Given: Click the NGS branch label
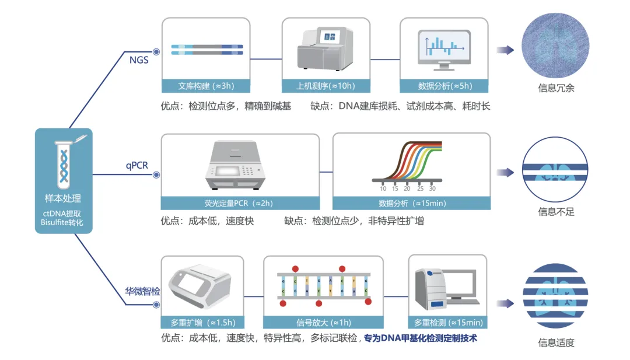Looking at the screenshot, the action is coord(139,60).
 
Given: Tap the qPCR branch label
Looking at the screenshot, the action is coord(137,165).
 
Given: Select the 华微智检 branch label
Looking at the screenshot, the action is coord(142,291).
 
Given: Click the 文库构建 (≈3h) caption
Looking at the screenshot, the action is coord(206,86).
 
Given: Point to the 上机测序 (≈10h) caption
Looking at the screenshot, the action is coord(325,86).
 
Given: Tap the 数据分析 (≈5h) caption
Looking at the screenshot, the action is coord(444,86).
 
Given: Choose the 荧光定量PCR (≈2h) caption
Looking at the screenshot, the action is coord(239,203).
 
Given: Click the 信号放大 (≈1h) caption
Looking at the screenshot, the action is coord(323,323).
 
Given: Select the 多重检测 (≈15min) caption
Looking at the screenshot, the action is coord(448,323).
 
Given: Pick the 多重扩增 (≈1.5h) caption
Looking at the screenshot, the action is coord(203,323).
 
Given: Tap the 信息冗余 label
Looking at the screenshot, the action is coord(556,88).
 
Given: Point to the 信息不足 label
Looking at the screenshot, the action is coord(556,212).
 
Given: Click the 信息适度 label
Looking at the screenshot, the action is coord(556,342).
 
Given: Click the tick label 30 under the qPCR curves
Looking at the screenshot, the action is coord(432,188).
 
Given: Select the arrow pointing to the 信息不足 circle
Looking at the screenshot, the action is coord(505,173).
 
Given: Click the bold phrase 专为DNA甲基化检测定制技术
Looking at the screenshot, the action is coord(420,338).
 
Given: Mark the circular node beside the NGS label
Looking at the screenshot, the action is coord(156,52).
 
